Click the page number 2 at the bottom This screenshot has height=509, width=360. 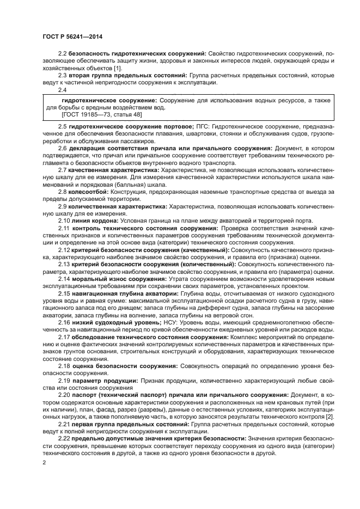[44, 463]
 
